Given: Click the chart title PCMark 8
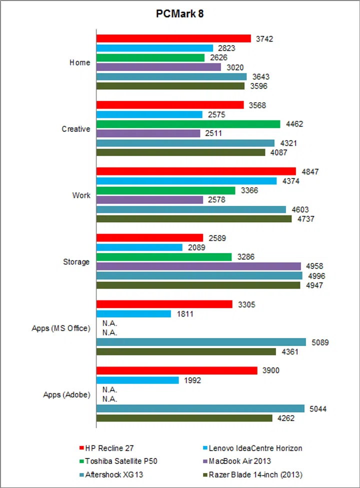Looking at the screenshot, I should click(179, 14).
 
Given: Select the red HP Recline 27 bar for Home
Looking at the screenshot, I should click(173, 38).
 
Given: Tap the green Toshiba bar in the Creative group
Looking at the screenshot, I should click(188, 124).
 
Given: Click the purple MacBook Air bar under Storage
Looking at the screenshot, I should click(198, 266).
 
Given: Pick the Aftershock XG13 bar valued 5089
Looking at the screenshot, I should click(201, 342).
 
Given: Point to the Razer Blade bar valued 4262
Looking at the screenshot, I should click(184, 418).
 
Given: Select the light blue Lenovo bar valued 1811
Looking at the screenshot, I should click(133, 314).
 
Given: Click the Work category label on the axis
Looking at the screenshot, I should click(81, 195).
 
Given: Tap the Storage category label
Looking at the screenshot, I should click(77, 262).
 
